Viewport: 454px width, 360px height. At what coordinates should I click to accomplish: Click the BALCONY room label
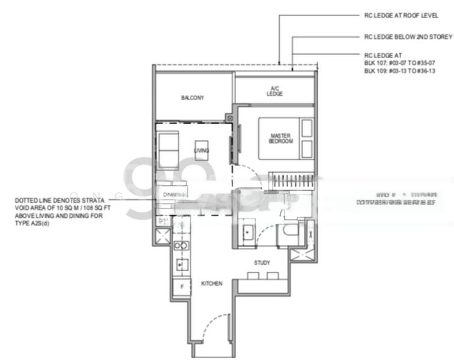193,98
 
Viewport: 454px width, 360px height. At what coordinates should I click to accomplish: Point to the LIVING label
202,150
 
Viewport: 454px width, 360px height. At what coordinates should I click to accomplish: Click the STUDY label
262,262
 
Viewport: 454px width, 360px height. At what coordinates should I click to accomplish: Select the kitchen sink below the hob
179,264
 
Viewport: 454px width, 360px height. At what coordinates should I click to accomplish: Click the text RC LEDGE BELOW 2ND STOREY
408,37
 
